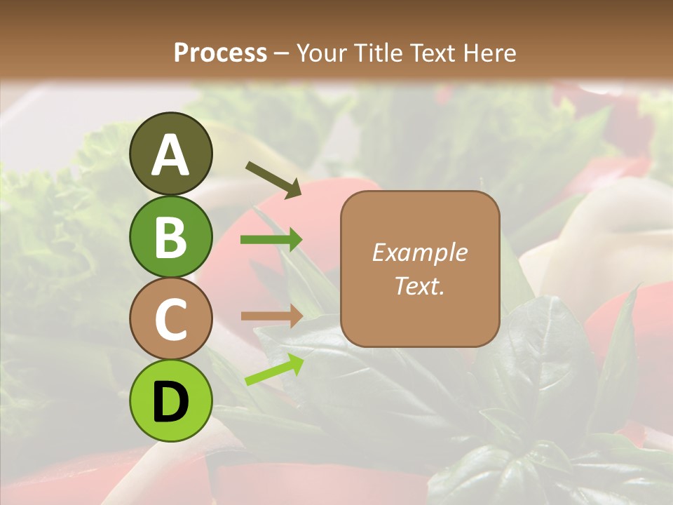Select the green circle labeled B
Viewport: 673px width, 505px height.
coord(170,236)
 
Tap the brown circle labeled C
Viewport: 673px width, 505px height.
coord(170,318)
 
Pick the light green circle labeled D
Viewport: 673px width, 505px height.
coord(170,400)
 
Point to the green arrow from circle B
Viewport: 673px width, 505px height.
coord(271,240)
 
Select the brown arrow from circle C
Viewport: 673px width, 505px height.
coord(271,316)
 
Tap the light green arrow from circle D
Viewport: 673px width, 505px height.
coord(274,369)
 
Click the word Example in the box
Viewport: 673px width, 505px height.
coord(419,252)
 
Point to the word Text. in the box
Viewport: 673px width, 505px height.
coord(419,285)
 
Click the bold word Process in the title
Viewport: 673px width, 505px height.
coord(220,53)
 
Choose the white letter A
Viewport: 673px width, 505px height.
coord(170,156)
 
